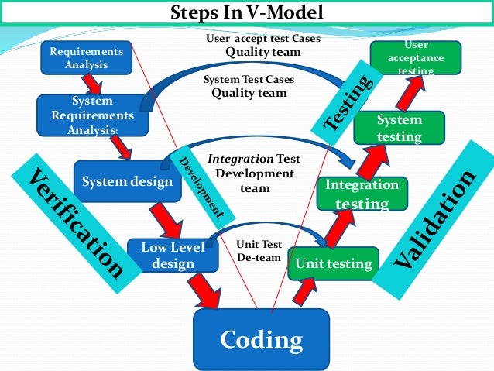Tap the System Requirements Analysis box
[x=91, y=115]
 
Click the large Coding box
[x=261, y=340]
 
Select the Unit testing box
[x=334, y=264]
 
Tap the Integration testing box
[x=362, y=194]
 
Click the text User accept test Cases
[x=263, y=38]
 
